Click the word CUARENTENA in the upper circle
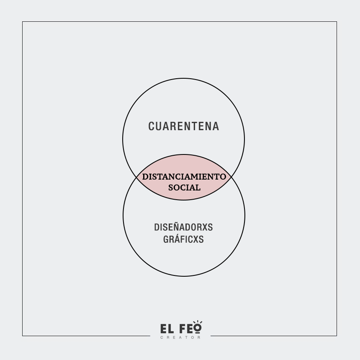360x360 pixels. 183,126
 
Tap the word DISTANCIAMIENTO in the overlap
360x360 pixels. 184,177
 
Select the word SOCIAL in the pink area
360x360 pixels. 184,188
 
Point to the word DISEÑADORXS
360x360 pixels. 183,227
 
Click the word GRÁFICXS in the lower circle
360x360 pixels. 183,239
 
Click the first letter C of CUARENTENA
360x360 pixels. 152,126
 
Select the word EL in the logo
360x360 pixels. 167,329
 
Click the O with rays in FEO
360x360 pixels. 198,328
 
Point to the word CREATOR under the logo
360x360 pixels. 180,337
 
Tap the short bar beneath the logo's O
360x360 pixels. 198,334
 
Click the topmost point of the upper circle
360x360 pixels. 183,78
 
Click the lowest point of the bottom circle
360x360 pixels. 184,276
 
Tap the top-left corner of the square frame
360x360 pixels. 23,22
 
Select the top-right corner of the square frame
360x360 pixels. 337,22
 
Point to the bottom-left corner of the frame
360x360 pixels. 23,336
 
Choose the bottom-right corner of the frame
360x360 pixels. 337,336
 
